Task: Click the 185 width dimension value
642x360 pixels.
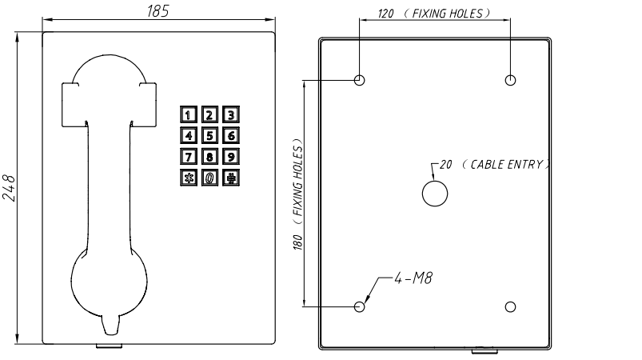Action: point(158,11)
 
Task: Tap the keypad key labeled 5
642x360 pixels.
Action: point(209,135)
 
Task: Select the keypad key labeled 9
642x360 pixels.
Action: point(229,157)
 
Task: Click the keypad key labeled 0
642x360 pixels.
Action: point(209,178)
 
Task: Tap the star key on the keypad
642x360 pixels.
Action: point(188,178)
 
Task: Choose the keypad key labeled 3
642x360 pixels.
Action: point(229,114)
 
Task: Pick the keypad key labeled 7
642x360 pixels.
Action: point(188,157)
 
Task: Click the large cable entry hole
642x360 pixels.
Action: point(434,193)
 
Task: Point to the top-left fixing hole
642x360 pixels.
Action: point(360,80)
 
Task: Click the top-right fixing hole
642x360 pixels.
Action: point(511,80)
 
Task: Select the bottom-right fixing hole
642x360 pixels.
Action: point(511,306)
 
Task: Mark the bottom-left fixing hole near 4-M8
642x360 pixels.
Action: point(360,306)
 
